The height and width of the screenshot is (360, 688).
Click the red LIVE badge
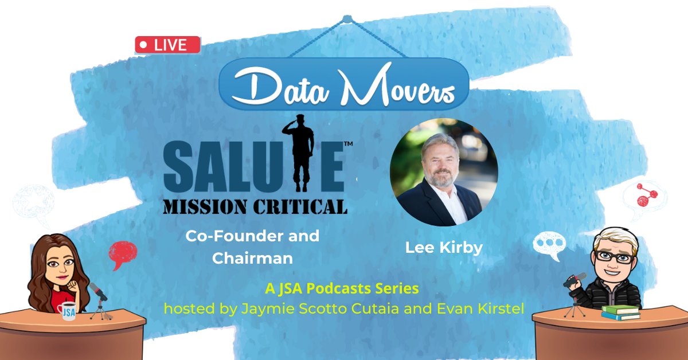click(x=167, y=45)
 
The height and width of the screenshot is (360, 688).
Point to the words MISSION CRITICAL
click(x=256, y=206)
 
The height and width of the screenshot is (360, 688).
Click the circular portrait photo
click(x=443, y=173)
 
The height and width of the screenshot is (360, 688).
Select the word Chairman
click(x=252, y=259)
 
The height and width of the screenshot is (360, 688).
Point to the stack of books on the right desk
click(x=620, y=312)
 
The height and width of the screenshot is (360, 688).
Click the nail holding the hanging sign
click(x=347, y=19)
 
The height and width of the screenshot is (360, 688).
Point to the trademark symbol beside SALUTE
click(x=347, y=146)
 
